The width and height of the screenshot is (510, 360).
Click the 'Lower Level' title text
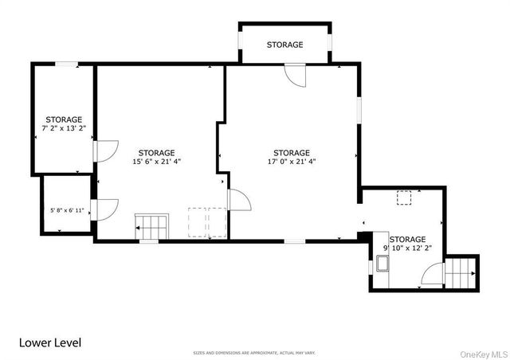point(51,342)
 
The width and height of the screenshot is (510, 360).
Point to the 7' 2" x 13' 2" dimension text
point(63,127)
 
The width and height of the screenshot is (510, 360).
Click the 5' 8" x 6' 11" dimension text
point(67,210)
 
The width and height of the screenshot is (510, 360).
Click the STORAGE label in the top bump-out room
point(284,45)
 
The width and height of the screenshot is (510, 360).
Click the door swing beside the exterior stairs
point(433,276)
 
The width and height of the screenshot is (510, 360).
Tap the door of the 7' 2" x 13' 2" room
point(105,151)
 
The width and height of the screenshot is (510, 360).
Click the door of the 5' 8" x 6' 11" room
point(105,209)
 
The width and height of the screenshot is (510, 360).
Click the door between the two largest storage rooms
point(238,202)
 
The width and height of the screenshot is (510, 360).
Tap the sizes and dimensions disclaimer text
point(254,352)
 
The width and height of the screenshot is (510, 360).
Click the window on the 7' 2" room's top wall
point(66,64)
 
